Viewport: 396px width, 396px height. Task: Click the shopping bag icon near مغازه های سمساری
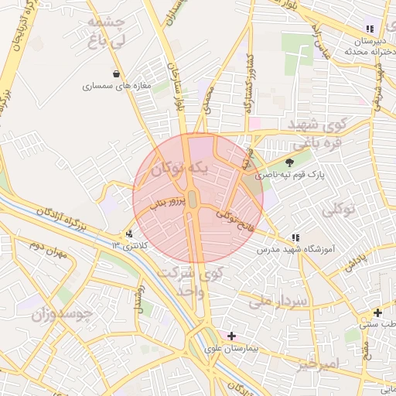[117, 74]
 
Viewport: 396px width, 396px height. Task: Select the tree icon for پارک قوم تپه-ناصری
[290, 162]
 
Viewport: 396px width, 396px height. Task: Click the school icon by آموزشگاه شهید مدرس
[295, 237]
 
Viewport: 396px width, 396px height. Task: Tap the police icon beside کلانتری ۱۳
[129, 234]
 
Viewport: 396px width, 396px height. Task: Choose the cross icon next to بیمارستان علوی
[230, 336]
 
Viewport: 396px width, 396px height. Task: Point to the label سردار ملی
[279, 300]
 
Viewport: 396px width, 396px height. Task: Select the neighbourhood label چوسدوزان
[63, 314]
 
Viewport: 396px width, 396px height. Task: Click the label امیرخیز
[318, 364]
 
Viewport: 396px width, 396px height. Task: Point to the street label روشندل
[139, 298]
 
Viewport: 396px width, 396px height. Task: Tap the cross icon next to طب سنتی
[377, 313]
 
